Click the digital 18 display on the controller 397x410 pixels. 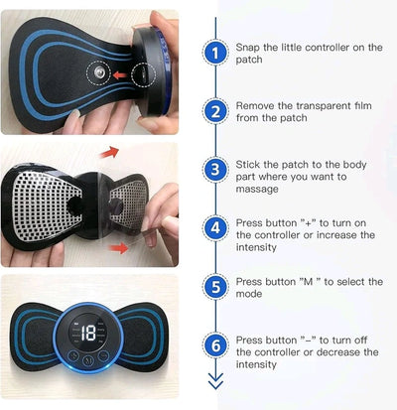coord(88,334)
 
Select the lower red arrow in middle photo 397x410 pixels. coord(120,247)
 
